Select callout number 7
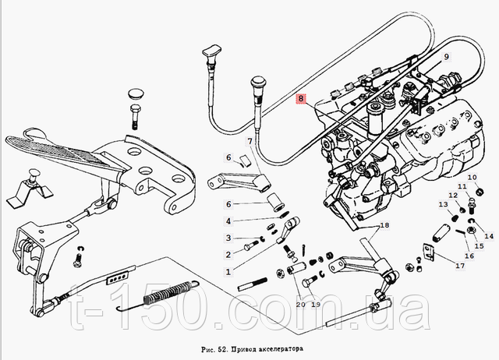[249, 141]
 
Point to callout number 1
[228, 272]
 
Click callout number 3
[228, 238]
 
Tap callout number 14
[489, 235]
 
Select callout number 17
[460, 266]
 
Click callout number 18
[384, 226]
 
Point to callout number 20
[299, 304]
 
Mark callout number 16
[469, 254]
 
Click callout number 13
[441, 204]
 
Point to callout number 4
[228, 221]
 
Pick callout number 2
[228, 254]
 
